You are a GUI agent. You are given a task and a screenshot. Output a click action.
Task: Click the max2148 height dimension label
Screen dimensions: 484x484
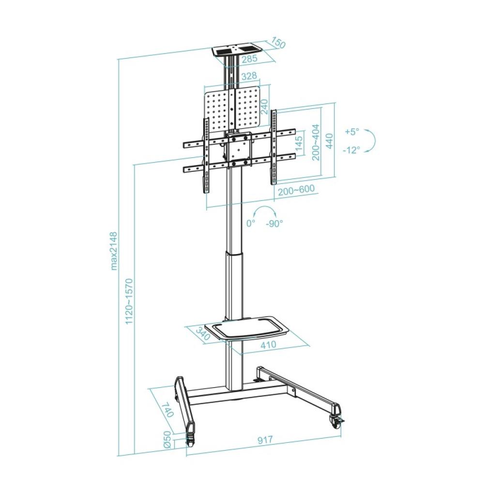point(114,250)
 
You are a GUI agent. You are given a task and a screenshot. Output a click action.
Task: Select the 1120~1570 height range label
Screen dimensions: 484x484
point(129,301)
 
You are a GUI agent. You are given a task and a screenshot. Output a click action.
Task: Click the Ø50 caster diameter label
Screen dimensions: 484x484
point(166,439)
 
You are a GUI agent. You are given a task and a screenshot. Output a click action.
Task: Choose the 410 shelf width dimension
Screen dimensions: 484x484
point(268,345)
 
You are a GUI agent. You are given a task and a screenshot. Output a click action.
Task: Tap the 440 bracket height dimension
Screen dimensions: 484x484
point(329,140)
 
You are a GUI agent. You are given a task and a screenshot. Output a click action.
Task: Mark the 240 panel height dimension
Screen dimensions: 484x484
point(265,106)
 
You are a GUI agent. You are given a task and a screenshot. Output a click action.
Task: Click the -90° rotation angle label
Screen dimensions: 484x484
point(274,223)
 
